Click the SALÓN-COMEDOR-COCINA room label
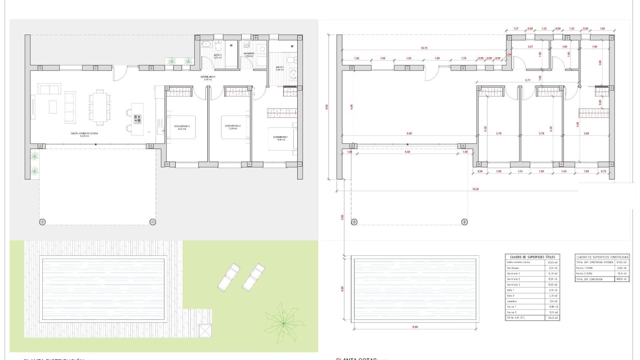coord(84,133)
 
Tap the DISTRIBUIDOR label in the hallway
coord(208,77)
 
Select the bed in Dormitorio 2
coord(236,127)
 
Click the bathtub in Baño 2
coord(206,44)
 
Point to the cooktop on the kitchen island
coord(137,119)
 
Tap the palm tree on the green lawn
coord(284,322)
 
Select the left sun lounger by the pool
coord(229,276)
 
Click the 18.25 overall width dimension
coord(476,189)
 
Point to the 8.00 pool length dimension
coord(415,327)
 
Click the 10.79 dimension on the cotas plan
coord(424,48)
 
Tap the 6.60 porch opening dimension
coord(407,152)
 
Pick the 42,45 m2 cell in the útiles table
coord(553,262)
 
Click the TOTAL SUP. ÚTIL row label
coord(515,318)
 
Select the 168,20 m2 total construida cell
coord(622,279)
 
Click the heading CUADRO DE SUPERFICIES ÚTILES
coord(532,257)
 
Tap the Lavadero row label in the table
coord(512,301)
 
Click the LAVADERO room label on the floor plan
coord(249,53)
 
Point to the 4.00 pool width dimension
coord(342,289)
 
